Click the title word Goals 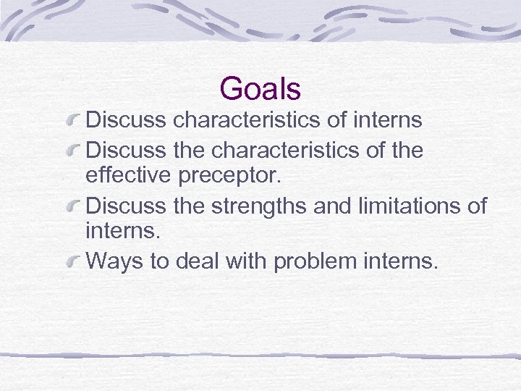[260, 89]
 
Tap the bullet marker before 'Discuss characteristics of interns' [73, 119]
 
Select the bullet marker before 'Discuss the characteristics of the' [73, 151]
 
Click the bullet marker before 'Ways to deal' [73, 261]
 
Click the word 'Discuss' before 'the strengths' [127, 206]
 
